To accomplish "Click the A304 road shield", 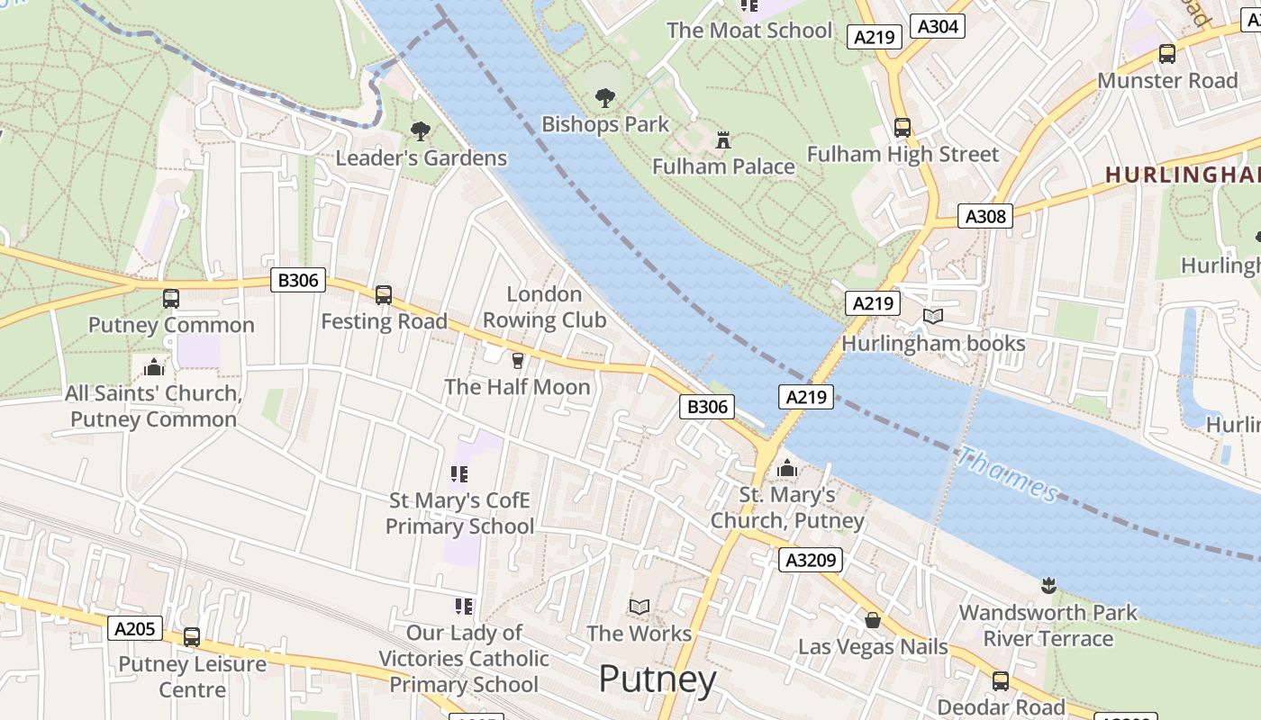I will (937, 26).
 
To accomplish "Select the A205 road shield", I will (135, 628).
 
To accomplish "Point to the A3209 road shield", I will (811, 560).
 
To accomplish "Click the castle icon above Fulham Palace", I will (722, 139).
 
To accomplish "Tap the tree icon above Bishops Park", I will (605, 97).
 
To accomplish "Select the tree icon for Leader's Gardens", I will (420, 131).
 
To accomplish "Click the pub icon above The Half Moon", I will (517, 361).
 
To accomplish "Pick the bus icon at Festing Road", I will (384, 294).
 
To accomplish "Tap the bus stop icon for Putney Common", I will (171, 298).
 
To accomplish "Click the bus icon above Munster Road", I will (1167, 53).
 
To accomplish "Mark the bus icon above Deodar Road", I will (1001, 680).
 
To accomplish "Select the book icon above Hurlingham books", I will (933, 317).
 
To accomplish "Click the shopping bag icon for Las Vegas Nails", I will (872, 620).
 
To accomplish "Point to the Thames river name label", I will (1008, 474).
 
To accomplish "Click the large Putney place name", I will (657, 679).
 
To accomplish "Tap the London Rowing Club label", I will (544, 307).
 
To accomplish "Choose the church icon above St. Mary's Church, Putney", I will (787, 468).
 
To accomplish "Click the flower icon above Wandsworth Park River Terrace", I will (1048, 586).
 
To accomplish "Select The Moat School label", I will (749, 30).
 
